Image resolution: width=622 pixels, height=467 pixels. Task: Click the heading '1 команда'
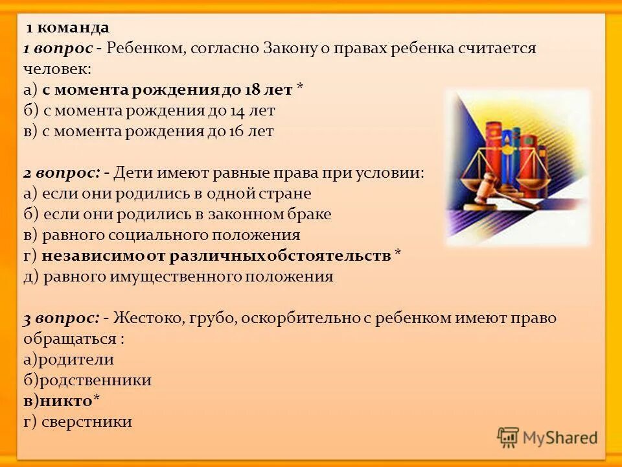click(67, 28)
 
